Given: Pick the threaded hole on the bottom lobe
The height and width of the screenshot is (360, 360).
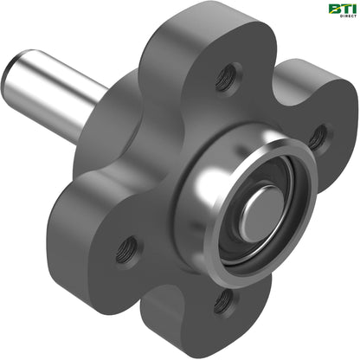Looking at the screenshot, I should click(225, 301).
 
